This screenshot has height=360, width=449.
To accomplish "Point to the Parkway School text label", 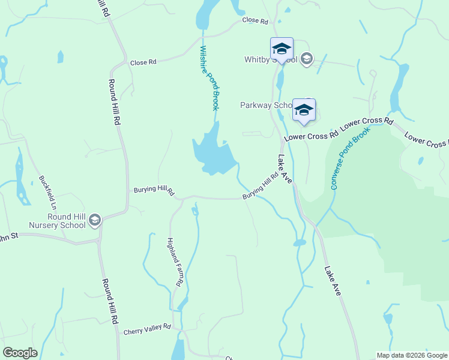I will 266,105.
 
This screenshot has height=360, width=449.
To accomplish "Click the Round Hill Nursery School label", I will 56,221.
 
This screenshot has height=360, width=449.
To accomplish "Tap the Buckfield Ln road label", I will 47,191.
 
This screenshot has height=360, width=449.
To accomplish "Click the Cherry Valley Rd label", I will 147,331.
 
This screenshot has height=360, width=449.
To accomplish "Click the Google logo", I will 20,353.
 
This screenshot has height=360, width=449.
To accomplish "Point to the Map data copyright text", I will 412,355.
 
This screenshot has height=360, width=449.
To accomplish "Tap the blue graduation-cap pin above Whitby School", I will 281,49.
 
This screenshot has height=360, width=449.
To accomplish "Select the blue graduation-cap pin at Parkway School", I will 304,110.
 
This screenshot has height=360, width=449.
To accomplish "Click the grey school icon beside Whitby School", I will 307,58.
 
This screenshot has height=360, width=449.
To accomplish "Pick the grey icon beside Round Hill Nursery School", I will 94,221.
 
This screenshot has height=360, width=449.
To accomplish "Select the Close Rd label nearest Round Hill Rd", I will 143,62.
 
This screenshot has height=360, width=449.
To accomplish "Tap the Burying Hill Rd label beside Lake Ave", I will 261,187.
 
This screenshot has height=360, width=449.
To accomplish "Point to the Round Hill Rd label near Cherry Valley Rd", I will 109,301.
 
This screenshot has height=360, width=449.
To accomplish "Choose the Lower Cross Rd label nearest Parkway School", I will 311,136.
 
